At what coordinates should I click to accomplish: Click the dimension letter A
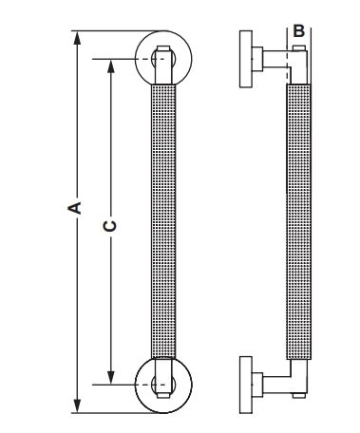(x=75, y=208)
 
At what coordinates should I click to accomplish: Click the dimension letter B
(x=298, y=31)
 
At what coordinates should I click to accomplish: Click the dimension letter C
(x=110, y=225)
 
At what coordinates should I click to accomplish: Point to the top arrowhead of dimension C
(x=110, y=66)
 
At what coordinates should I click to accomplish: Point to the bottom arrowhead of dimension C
(x=110, y=378)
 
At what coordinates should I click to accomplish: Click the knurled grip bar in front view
(x=163, y=221)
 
